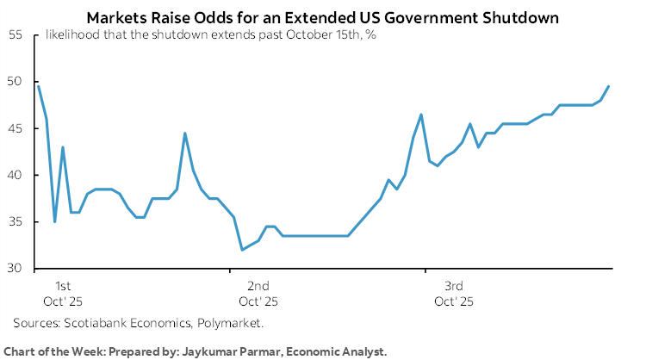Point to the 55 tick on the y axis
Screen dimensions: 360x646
[16, 34]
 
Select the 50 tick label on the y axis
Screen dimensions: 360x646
[16, 82]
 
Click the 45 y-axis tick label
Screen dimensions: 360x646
[16, 128]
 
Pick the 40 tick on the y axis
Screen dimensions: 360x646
[16, 175]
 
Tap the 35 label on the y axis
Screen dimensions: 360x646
[16, 222]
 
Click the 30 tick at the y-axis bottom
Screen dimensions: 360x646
[16, 269]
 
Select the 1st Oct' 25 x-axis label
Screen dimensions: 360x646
[63, 293]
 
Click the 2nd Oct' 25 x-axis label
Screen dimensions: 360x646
[258, 293]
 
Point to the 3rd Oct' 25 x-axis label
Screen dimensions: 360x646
[453, 293]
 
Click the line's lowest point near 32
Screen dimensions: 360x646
[242, 250]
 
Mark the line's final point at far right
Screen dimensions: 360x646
[609, 86]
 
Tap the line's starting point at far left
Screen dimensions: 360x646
[38, 86]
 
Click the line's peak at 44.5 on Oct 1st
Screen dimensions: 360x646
[185, 133]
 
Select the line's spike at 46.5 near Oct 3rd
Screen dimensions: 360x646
[421, 115]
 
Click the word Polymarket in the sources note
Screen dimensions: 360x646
[233, 323]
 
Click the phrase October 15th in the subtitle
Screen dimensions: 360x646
[293, 34]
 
